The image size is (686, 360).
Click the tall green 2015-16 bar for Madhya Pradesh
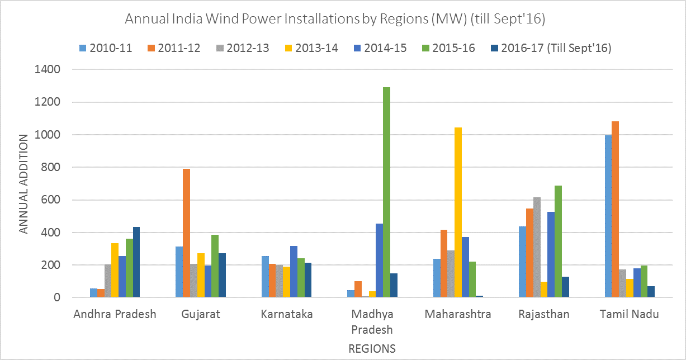386,192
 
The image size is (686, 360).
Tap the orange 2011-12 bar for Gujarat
186,233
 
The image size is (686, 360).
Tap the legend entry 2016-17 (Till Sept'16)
550,48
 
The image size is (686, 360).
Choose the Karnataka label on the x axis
287,314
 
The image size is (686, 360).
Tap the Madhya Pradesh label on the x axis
374,321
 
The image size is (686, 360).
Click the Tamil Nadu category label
629,314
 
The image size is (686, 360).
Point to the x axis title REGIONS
372,349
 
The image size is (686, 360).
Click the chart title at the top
334,19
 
